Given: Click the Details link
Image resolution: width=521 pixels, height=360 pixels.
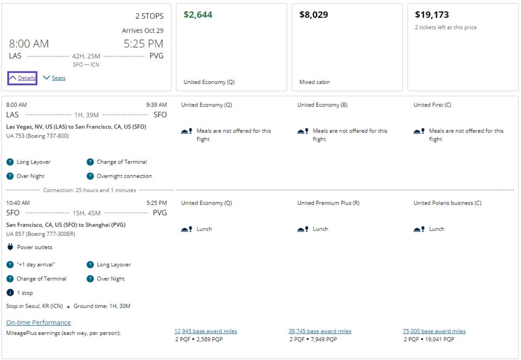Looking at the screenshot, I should click(27, 78).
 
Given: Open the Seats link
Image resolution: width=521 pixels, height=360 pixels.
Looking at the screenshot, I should click(58, 78).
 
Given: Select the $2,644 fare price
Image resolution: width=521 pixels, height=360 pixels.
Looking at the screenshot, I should click(198, 15).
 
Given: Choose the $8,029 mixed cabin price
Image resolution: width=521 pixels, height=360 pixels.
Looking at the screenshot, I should click(314, 15).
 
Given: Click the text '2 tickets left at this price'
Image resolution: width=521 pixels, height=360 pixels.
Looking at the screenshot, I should click(446, 28).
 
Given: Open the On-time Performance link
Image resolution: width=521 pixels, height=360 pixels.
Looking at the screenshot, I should click(39, 322).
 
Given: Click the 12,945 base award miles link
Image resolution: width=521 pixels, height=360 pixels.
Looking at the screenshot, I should click(206, 331).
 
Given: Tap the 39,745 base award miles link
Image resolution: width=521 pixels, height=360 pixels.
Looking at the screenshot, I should click(320, 331).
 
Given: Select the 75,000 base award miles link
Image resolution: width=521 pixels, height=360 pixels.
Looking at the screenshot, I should click(434, 331).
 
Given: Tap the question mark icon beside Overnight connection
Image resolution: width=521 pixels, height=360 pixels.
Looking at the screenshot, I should click(90, 176).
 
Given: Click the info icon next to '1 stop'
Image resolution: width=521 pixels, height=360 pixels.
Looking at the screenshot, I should click(10, 293).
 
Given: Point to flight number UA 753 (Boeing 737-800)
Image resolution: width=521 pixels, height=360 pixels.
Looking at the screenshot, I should click(38, 136).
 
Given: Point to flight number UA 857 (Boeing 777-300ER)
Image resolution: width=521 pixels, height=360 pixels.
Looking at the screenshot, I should click(41, 234).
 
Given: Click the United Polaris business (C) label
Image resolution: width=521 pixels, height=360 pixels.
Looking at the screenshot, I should click(447, 203).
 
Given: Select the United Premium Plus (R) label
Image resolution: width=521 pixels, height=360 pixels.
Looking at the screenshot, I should click(328, 203).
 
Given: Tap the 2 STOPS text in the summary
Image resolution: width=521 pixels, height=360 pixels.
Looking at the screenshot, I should click(149, 16).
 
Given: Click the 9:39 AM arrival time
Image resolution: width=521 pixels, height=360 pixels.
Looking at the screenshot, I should click(156, 105).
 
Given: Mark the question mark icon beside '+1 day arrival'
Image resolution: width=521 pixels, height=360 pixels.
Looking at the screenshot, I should click(10, 264).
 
